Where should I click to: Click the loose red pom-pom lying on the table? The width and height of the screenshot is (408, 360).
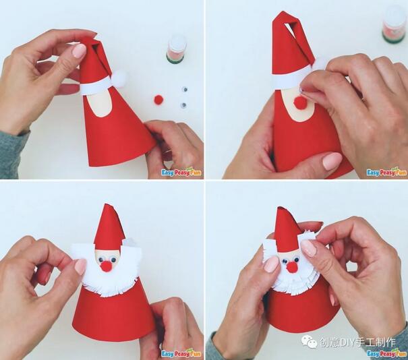[158, 99]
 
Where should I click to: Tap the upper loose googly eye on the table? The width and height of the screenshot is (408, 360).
[185, 90]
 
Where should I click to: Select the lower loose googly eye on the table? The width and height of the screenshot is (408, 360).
[183, 105]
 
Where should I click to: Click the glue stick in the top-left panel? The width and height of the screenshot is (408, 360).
[177, 49]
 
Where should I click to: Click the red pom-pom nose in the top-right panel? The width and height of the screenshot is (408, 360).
[299, 101]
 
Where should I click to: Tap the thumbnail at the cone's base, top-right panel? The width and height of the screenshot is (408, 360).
[332, 160]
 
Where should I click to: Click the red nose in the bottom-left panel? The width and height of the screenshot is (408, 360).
[106, 266]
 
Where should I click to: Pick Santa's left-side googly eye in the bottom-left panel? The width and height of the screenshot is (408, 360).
[102, 259]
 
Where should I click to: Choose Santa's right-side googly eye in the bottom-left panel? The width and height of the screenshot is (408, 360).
[113, 260]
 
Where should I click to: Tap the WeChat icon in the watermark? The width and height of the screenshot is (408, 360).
[310, 341]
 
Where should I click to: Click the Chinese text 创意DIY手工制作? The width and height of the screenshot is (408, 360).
[358, 342]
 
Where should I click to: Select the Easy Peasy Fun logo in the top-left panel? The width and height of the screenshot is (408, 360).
[181, 172]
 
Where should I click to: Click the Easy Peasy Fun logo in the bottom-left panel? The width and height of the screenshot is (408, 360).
[181, 353]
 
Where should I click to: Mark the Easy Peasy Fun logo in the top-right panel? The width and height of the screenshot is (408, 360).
[386, 171]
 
